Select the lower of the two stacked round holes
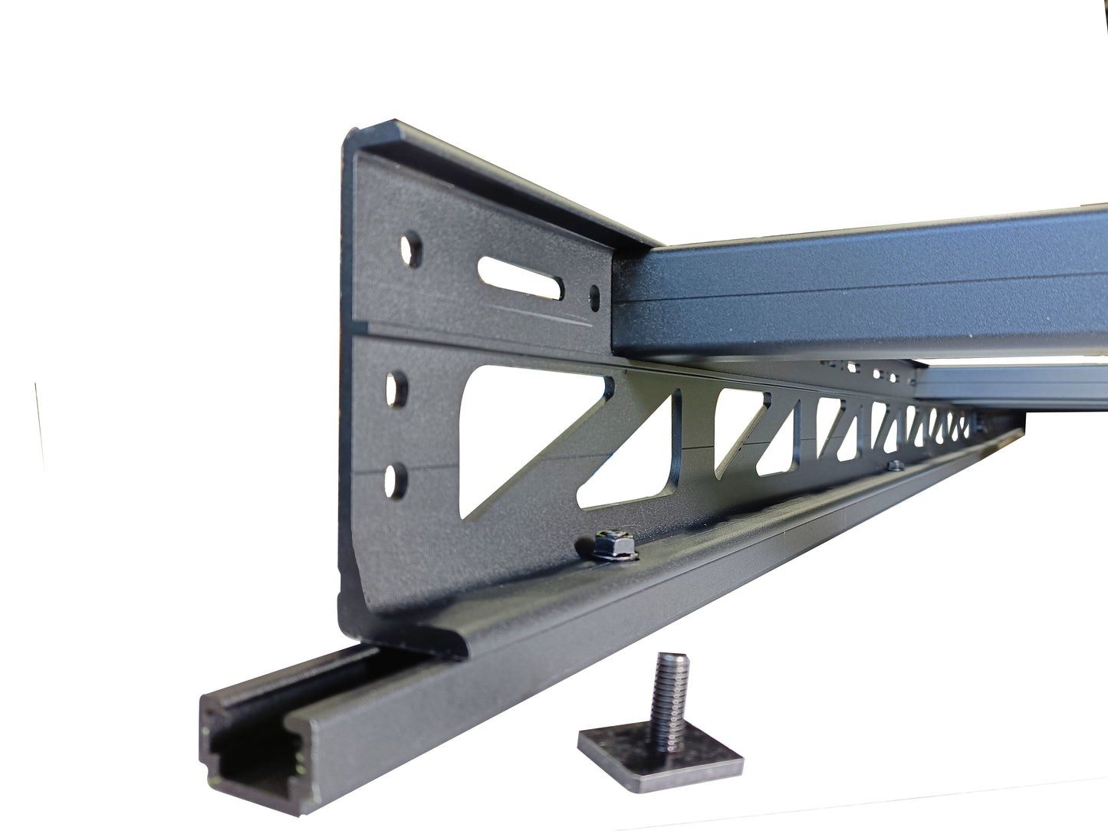(x=396, y=480)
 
